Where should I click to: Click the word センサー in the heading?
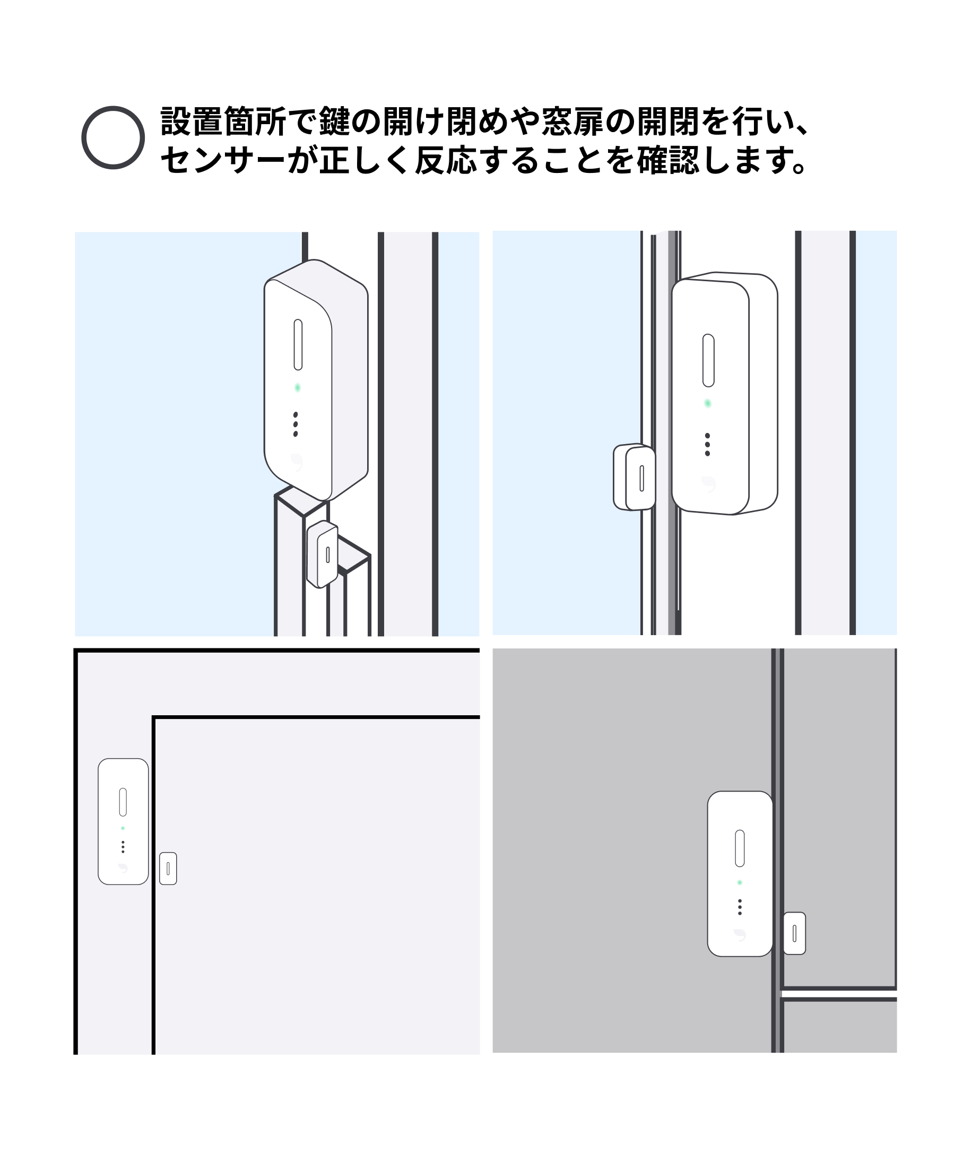(x=223, y=161)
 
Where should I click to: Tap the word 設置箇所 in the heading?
(x=223, y=122)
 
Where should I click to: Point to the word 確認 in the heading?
(x=669, y=161)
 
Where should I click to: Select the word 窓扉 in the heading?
(x=573, y=122)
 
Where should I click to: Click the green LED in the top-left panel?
(x=298, y=388)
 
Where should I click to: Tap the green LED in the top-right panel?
(x=708, y=403)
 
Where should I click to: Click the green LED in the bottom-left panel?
(x=123, y=828)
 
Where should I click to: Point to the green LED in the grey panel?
(x=740, y=882)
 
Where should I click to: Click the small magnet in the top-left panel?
(x=323, y=554)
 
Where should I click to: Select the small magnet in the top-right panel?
(x=634, y=478)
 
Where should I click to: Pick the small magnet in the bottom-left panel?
(x=168, y=869)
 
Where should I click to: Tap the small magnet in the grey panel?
(x=794, y=933)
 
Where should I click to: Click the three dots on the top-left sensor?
(x=296, y=424)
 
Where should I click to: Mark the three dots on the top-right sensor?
(x=707, y=444)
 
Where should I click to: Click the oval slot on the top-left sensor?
(x=298, y=344)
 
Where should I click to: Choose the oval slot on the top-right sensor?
(x=709, y=360)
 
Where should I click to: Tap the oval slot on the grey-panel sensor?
(x=740, y=848)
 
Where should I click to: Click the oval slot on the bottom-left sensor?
(x=123, y=802)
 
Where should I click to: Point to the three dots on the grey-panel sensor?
(x=740, y=907)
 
